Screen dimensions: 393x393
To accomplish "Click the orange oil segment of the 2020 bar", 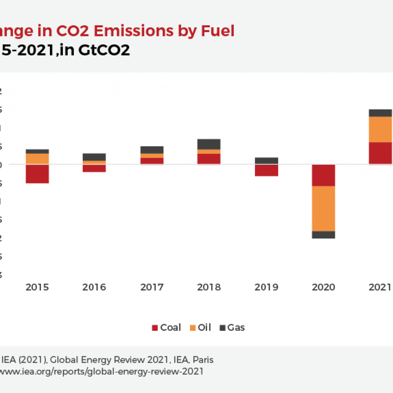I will pyautogui.click(x=323, y=209).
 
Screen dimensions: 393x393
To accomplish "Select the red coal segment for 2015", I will pyautogui.click(x=37, y=174).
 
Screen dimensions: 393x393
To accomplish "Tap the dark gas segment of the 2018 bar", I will pyautogui.click(x=209, y=144).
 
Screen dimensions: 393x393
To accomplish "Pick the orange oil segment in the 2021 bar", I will pyautogui.click(x=380, y=129).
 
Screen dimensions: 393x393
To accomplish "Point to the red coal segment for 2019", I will pyautogui.click(x=266, y=170).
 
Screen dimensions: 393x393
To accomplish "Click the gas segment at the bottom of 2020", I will pyautogui.click(x=323, y=235).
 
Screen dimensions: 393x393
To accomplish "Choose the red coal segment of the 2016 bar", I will pyautogui.click(x=94, y=168).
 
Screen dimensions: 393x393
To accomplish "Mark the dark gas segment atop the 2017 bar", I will pyautogui.click(x=152, y=150).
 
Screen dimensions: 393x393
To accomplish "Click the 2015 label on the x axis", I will pyautogui.click(x=37, y=287).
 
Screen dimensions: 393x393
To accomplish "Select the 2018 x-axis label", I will pyautogui.click(x=209, y=287).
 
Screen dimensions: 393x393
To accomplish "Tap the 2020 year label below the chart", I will pyautogui.click(x=323, y=287).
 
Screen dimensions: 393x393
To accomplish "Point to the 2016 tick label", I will pyautogui.click(x=94, y=287).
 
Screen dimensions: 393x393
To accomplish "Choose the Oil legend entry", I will pyautogui.click(x=201, y=327).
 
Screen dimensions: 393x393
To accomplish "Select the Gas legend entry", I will pyautogui.click(x=232, y=327).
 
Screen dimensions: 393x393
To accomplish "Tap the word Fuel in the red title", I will pyautogui.click(x=217, y=31).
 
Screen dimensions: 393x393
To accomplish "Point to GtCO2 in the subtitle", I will pyautogui.click(x=104, y=50).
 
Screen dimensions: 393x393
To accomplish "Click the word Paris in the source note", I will pyautogui.click(x=203, y=360).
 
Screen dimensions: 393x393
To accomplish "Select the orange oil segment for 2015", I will pyautogui.click(x=37, y=159).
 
